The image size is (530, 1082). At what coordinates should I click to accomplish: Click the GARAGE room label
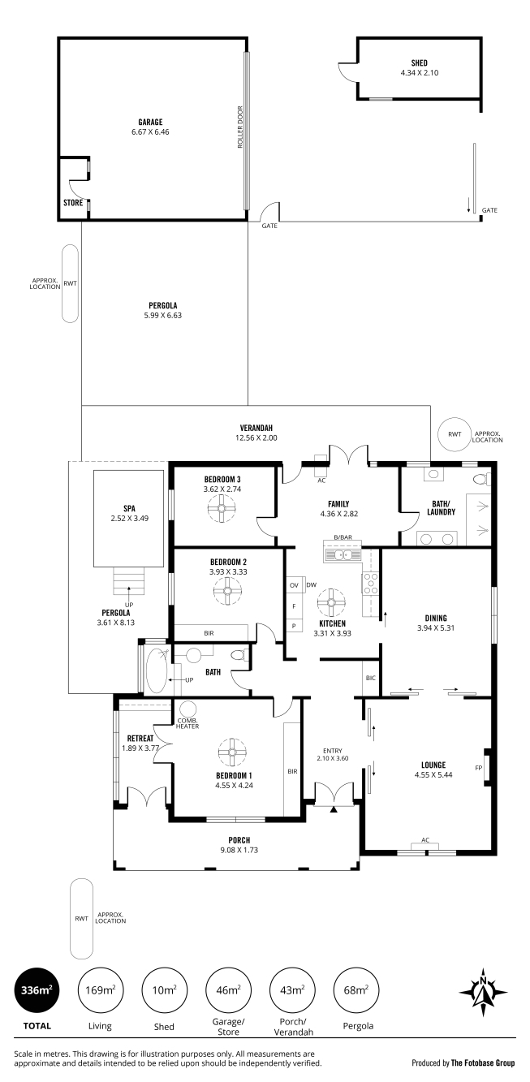point(150,123)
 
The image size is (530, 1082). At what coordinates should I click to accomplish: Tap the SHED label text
point(420,63)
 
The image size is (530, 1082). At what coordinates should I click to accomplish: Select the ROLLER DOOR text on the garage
point(240,127)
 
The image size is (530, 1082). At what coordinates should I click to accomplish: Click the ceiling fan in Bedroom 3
point(222,509)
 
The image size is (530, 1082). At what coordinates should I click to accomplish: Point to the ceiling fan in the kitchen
point(331,602)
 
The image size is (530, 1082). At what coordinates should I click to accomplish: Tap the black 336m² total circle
point(37,990)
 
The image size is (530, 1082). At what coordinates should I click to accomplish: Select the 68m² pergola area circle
point(356,990)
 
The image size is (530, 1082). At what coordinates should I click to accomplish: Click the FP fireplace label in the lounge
point(478,768)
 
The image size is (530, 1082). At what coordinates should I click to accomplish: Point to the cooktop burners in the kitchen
point(371,583)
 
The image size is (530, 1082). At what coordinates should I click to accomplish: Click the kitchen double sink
point(343,555)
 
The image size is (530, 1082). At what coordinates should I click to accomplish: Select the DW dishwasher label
point(312,584)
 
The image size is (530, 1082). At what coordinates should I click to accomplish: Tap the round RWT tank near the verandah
point(455,433)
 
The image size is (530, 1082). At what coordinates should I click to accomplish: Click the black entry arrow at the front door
point(334,809)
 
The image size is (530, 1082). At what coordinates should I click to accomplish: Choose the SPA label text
point(130,508)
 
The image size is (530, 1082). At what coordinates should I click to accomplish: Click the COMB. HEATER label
point(187,723)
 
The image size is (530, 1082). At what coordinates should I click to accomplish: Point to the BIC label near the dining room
point(371,678)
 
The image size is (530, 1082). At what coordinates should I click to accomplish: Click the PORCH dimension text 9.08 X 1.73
point(239,850)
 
